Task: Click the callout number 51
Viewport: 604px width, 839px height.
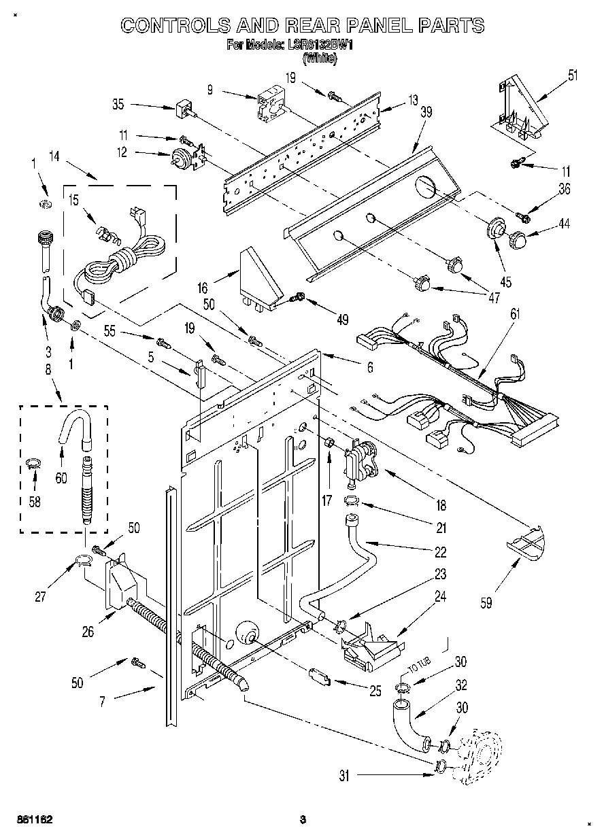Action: coord(573,75)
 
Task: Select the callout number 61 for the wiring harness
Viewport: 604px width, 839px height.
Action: coord(515,313)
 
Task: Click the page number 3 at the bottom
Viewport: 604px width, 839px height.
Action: coord(303,820)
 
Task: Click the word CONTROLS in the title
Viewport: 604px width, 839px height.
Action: coord(175,26)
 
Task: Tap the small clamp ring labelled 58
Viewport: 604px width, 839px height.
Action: coord(31,464)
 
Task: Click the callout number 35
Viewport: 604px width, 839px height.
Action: coord(118,105)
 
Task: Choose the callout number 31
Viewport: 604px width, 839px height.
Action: coord(344,775)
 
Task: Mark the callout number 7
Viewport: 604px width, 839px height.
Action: coord(102,701)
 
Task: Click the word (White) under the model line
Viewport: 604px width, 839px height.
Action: coord(319,58)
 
